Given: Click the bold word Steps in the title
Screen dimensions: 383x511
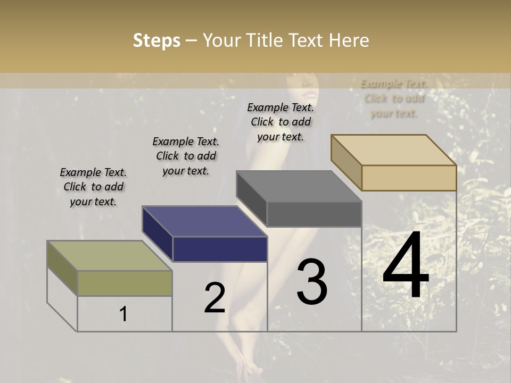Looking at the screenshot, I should pyautogui.click(x=156, y=41).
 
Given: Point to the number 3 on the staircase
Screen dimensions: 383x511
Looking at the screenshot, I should pyautogui.click(x=312, y=282).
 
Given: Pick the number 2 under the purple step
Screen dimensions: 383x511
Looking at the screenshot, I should pyautogui.click(x=215, y=298).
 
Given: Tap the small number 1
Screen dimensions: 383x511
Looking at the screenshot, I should pyautogui.click(x=123, y=314).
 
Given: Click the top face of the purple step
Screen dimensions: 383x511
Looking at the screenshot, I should pyautogui.click(x=204, y=221).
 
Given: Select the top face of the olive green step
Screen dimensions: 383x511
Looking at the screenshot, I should pyautogui.click(x=110, y=255).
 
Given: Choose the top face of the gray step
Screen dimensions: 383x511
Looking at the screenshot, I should pyautogui.click(x=299, y=186).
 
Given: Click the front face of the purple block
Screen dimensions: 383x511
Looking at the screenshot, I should pyautogui.click(x=220, y=249).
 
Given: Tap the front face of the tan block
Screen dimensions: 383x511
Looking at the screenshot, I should pyautogui.click(x=409, y=178).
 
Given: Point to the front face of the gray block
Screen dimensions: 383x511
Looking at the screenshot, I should pyautogui.click(x=314, y=214).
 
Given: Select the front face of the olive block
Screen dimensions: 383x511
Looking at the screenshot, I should pyautogui.click(x=125, y=283).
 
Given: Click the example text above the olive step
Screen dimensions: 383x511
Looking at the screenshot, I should pyautogui.click(x=93, y=187).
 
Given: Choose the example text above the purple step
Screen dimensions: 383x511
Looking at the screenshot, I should pyautogui.click(x=186, y=156).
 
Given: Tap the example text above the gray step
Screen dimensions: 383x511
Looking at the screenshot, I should pyautogui.click(x=281, y=122).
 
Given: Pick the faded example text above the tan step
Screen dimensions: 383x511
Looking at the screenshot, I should pyautogui.click(x=394, y=98).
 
